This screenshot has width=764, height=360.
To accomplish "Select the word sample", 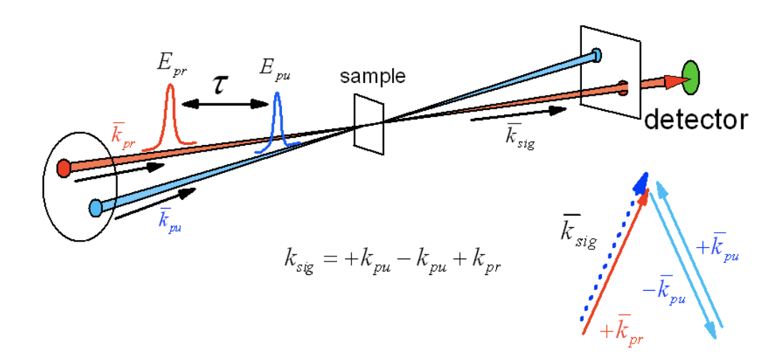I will click(x=373, y=76).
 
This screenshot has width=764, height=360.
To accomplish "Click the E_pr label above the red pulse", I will click(x=171, y=63).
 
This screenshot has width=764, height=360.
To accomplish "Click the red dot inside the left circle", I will click(x=64, y=169).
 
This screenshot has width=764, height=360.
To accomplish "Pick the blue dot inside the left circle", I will click(x=96, y=208).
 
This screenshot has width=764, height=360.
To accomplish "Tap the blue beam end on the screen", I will click(x=596, y=54).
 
